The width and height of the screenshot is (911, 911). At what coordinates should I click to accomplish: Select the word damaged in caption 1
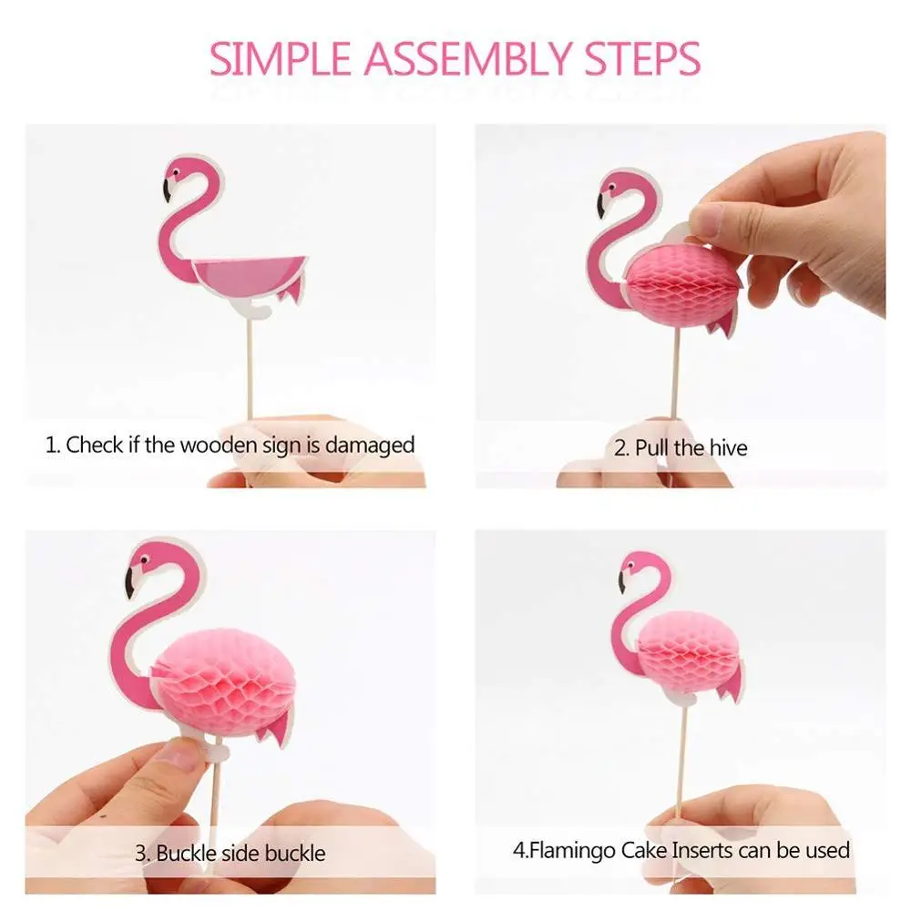[370, 445]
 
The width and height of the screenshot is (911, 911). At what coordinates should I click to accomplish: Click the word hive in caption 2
[728, 448]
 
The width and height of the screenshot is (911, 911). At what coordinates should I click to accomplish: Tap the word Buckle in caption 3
[186, 854]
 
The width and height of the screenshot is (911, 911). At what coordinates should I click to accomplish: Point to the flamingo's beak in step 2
[602, 205]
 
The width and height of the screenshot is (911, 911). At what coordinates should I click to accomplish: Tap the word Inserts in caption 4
[706, 850]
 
